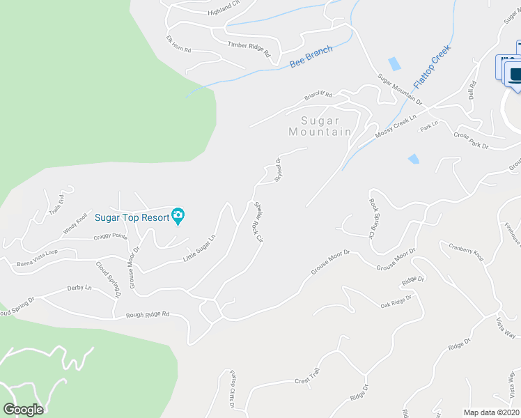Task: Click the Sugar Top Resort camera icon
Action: tap(178, 217)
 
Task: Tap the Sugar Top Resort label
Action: tap(132, 217)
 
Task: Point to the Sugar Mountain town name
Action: tap(320, 126)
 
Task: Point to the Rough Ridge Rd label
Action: tap(148, 314)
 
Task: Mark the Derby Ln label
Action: tap(79, 287)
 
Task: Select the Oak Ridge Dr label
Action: tap(396, 301)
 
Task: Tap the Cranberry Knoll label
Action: tap(466, 251)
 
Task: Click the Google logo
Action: tap(23, 410)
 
